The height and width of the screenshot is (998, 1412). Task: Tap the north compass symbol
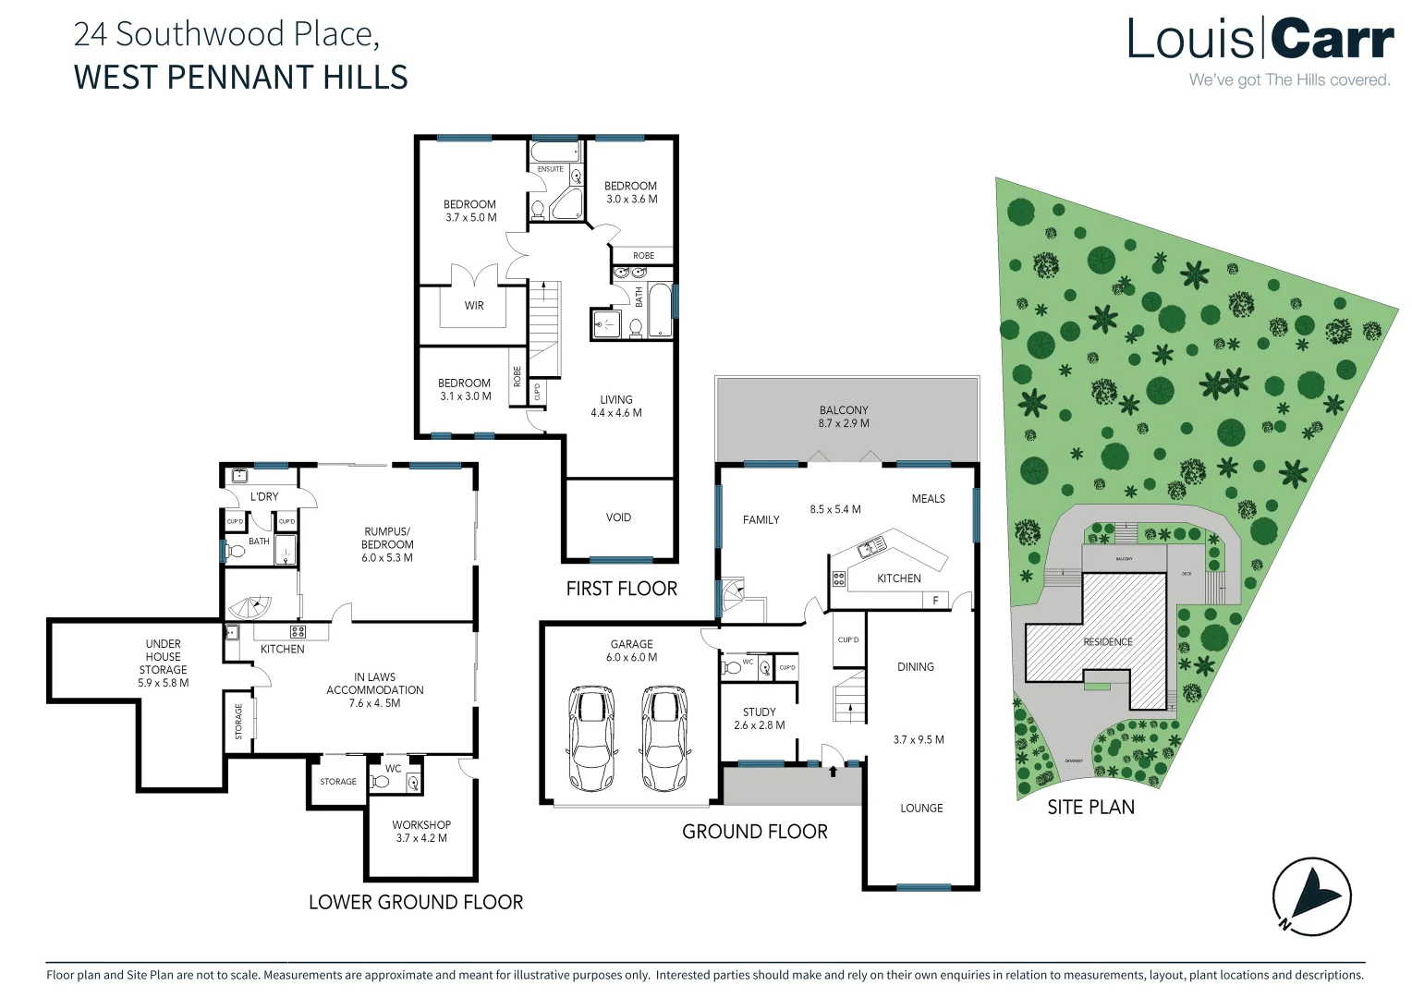tap(1311, 895)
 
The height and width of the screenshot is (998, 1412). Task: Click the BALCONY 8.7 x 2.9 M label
tap(844, 417)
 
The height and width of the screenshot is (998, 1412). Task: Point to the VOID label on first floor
tap(618, 517)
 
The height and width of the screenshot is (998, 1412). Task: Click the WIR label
tap(474, 306)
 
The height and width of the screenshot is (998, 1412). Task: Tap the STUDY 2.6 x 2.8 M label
tap(759, 719)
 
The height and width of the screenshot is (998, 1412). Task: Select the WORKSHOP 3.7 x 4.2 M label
tap(421, 832)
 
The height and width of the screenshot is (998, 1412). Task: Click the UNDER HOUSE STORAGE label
tap(164, 663)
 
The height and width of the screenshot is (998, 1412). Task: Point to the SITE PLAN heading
tap(1090, 808)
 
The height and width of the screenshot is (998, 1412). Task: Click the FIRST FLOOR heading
tap(621, 589)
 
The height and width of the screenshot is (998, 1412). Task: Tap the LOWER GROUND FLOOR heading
tap(416, 902)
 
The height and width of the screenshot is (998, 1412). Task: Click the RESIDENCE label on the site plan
tap(1107, 641)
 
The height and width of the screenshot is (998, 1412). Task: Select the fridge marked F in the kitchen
tap(935, 601)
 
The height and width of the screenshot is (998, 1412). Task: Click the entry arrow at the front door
tap(834, 769)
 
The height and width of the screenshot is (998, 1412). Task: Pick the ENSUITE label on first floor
tap(550, 169)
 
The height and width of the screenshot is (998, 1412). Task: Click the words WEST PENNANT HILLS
tap(240, 78)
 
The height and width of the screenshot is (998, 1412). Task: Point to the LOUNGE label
tap(921, 808)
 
